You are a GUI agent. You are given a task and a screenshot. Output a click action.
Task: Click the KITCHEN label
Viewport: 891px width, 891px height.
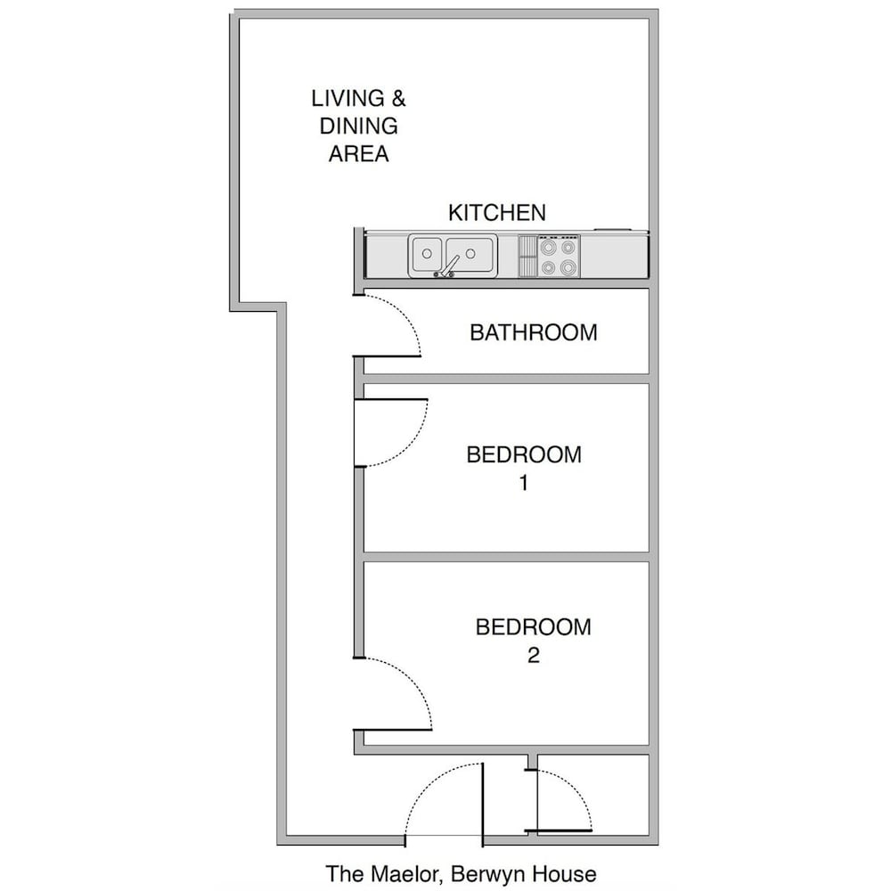pyautogui.click(x=496, y=213)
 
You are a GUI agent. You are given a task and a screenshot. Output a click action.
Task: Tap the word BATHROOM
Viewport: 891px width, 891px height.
pyautogui.click(x=534, y=332)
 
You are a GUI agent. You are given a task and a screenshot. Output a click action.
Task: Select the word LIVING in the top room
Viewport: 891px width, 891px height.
pyautogui.click(x=347, y=98)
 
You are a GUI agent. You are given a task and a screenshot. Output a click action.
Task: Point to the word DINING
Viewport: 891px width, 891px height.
pyautogui.click(x=358, y=127)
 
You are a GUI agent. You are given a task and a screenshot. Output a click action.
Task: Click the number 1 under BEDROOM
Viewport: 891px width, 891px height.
pyautogui.click(x=524, y=483)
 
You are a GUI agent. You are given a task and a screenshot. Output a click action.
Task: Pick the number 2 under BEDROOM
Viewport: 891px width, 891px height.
pyautogui.click(x=533, y=655)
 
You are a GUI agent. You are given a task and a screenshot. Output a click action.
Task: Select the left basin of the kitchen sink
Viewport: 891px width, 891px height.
pyautogui.click(x=427, y=254)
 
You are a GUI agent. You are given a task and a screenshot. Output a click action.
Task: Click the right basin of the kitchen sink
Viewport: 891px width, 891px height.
pyautogui.click(x=470, y=254)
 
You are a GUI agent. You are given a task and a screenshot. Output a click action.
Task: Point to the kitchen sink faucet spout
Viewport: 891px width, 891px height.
pyautogui.click(x=452, y=265)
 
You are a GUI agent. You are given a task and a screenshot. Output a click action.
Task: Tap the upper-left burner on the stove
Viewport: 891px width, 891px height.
pyautogui.click(x=548, y=247)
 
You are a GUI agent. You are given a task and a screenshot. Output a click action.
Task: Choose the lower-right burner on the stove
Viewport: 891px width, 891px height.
pyautogui.click(x=568, y=266)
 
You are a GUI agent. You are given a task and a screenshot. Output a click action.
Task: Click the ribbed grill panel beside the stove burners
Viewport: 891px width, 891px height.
pyautogui.click(x=527, y=257)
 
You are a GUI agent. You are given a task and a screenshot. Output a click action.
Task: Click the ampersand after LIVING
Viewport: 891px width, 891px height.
pyautogui.click(x=398, y=98)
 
